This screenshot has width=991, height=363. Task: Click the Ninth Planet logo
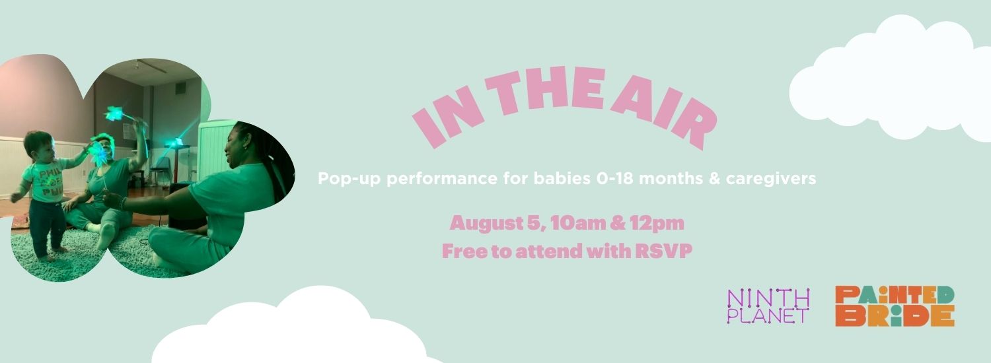tap(768, 306)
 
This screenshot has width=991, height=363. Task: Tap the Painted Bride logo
tap(895, 306)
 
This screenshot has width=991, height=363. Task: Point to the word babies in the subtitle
tap(562, 179)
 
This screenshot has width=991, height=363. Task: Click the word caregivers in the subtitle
tap(771, 179)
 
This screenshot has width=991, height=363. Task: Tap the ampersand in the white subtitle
tap(714, 179)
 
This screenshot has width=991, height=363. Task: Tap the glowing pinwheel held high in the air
tap(114, 113)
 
